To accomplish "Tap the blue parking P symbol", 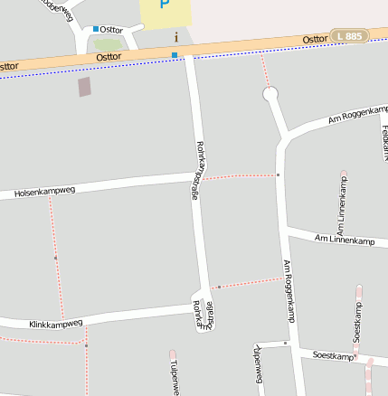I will (164, 5).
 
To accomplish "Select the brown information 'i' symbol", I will (175, 36).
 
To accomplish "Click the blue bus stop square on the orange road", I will (175, 55).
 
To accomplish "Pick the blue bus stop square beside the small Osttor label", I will (96, 29).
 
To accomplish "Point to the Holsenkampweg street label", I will (44, 192).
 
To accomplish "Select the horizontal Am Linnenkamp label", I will (344, 240).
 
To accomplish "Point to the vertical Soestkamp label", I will (357, 322).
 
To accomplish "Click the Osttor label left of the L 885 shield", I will (315, 39).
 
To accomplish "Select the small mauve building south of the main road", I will (85, 87).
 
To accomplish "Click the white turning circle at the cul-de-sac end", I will (270, 94).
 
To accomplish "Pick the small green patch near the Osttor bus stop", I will (107, 43).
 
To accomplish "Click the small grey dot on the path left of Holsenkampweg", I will (55, 258).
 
